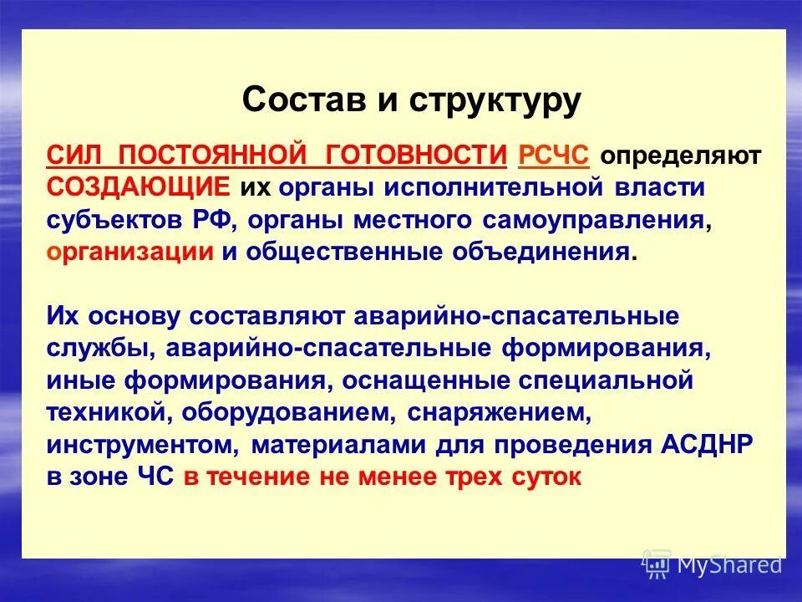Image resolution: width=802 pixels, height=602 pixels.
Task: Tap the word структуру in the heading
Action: click(495, 100)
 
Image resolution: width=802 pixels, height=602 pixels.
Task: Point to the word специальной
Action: click(607, 381)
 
